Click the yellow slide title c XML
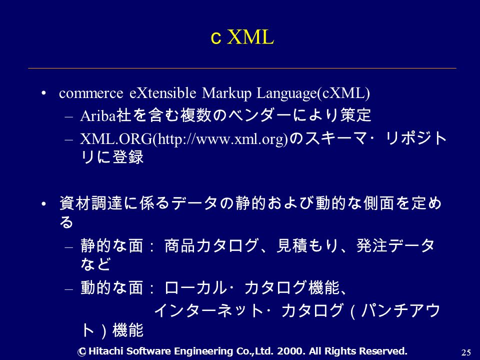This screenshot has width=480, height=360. point(242,37)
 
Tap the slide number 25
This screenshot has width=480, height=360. point(465,352)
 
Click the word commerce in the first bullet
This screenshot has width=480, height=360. point(91,93)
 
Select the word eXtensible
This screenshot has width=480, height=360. point(162,93)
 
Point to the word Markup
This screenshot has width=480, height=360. point(226,93)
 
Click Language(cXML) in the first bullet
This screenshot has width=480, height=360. point(313,93)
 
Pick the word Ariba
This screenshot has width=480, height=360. point(98,115)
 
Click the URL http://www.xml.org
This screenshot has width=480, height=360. point(221,139)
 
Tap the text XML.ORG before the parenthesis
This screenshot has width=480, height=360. point(116,139)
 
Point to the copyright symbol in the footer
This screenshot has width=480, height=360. point(81,352)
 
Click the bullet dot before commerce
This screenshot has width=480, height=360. point(44,93)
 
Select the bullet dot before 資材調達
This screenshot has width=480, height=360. point(44,203)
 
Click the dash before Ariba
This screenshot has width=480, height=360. point(69,116)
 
